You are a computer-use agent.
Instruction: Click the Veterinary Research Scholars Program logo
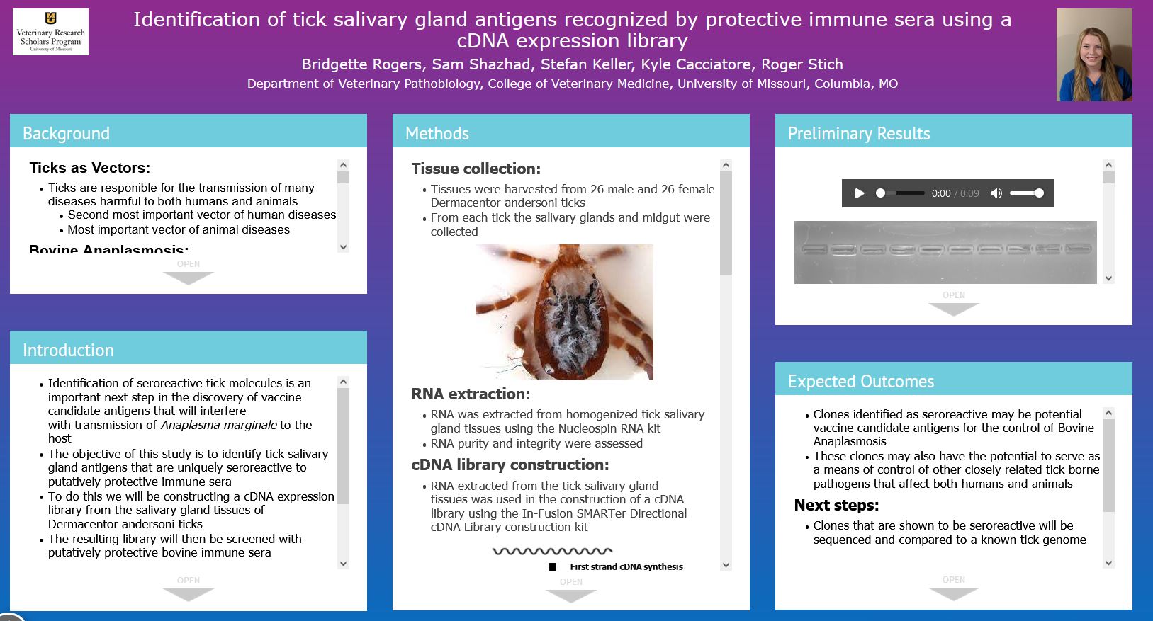click(x=50, y=32)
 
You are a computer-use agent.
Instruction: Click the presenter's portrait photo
click(x=1094, y=55)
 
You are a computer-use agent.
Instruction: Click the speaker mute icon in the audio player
click(x=996, y=193)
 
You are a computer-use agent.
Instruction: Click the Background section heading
click(x=67, y=133)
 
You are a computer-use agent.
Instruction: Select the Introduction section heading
click(x=69, y=350)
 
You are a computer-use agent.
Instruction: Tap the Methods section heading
click(x=437, y=133)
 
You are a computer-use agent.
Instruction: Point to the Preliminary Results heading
click(x=859, y=133)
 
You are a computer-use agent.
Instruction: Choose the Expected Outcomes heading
click(x=861, y=381)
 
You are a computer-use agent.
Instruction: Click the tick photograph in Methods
click(x=564, y=312)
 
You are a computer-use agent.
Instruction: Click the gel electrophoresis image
click(x=945, y=252)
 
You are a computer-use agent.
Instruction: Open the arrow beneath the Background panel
click(x=189, y=278)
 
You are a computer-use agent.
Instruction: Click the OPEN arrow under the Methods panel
click(x=571, y=596)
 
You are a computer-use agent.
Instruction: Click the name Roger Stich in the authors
click(x=802, y=64)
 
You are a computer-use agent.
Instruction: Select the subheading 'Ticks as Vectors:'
click(x=89, y=168)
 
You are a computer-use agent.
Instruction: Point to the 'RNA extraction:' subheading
click(x=471, y=394)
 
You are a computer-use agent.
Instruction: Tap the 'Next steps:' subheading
click(x=836, y=506)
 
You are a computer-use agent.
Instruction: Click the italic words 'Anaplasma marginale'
click(x=219, y=425)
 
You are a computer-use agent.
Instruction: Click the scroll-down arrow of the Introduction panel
click(x=343, y=564)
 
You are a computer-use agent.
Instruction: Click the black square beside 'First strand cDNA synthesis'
click(x=552, y=567)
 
